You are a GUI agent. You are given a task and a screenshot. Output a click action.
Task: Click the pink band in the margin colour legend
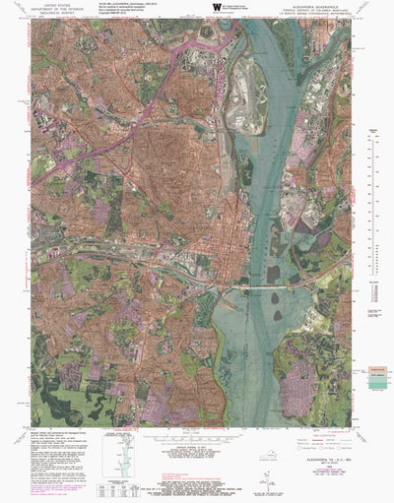pyautogui.click(x=375, y=369)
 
